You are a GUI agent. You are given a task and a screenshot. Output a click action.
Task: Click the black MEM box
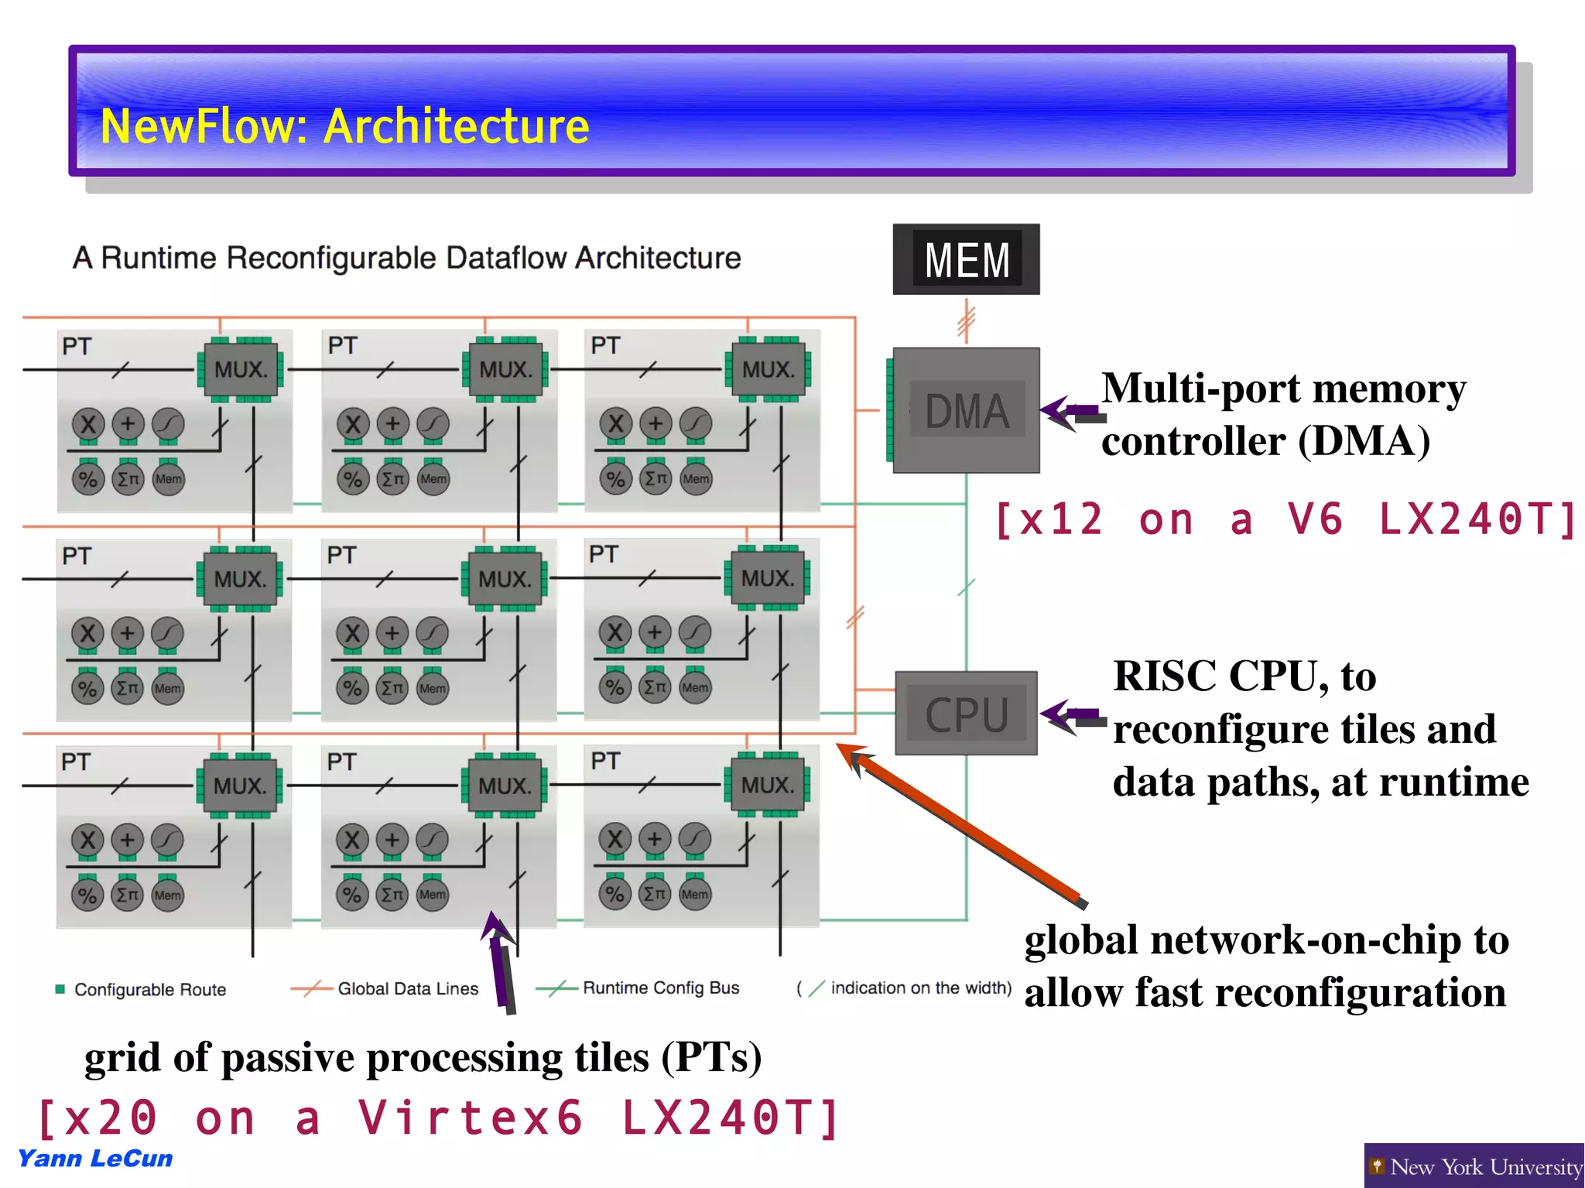tap(966, 259)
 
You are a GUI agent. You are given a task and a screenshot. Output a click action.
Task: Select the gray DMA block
tap(967, 410)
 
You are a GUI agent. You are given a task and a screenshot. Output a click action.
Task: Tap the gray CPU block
tap(967, 714)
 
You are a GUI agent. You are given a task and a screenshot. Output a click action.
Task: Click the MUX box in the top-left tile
tap(241, 369)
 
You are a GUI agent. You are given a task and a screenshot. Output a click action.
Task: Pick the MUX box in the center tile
tap(505, 579)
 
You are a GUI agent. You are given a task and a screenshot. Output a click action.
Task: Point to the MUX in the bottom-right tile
tap(768, 785)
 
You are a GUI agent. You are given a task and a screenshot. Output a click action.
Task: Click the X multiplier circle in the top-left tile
tap(88, 423)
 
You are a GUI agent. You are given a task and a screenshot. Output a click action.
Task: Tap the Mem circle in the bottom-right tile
tap(695, 894)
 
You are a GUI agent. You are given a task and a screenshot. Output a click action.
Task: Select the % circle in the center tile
tap(352, 688)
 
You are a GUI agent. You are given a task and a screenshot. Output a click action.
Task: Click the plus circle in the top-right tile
tap(656, 423)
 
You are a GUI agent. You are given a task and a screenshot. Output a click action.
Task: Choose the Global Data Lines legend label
tap(408, 989)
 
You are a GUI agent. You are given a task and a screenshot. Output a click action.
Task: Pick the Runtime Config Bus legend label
tap(661, 988)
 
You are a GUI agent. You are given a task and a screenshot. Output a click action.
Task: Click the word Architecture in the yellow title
tap(457, 126)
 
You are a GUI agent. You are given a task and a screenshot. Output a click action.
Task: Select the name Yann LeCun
tap(95, 1159)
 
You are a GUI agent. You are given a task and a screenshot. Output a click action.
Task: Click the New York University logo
tap(1474, 1166)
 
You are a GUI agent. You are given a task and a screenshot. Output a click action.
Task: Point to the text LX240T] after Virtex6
tap(731, 1118)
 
